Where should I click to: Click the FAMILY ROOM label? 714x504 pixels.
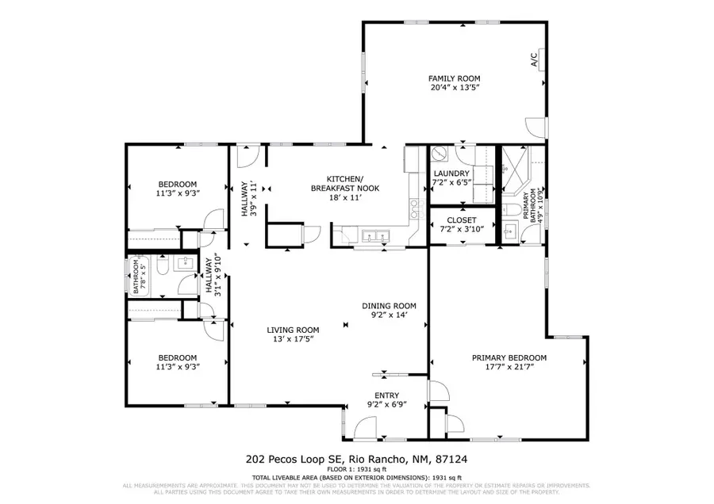454,78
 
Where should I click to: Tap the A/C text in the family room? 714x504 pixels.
534,59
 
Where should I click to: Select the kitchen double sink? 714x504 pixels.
374,235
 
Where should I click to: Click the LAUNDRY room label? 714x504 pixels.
451,174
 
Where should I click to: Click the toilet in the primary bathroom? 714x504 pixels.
510,211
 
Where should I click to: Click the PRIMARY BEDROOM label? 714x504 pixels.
509,357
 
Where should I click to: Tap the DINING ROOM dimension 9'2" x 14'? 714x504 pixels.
389,315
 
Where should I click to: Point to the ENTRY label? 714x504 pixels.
386,395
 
